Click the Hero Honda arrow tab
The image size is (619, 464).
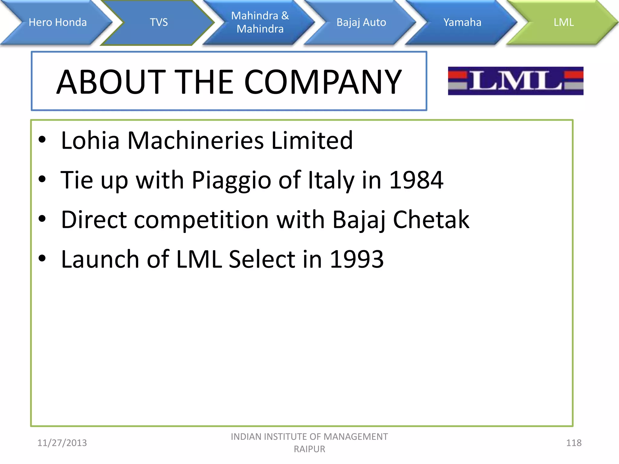point(57,22)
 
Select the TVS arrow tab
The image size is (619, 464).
point(159,22)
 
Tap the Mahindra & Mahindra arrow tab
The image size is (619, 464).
point(260,22)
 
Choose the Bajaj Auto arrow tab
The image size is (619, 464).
point(361,22)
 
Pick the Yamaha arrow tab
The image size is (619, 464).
point(462,22)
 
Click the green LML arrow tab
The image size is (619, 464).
point(563,22)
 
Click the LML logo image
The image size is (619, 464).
point(516,81)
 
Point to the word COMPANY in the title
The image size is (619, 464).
point(323,82)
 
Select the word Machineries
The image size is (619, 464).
point(196,140)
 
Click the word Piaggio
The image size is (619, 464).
point(231,180)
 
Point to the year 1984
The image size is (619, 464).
point(416,180)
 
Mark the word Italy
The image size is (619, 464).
point(331,180)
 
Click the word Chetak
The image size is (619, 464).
point(431,220)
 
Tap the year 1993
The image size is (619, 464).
point(357,259)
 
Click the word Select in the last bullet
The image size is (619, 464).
point(262,259)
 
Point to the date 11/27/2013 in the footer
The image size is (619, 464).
point(62,443)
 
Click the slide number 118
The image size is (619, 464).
point(574,443)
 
